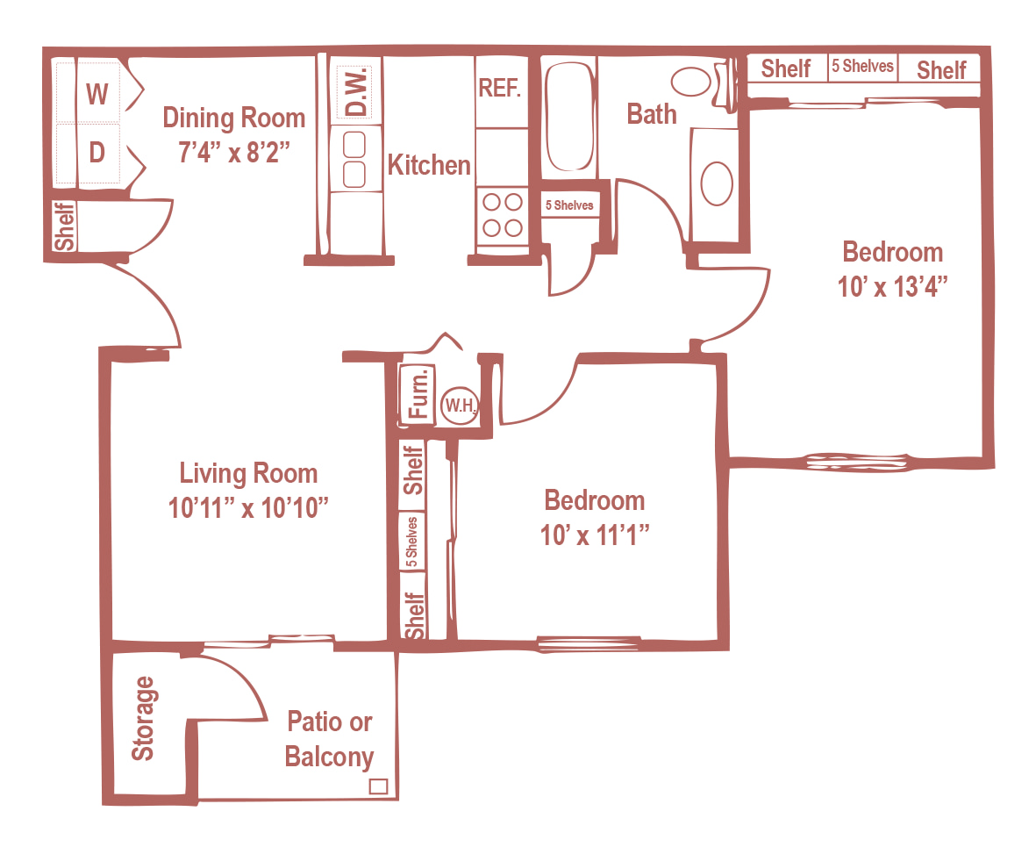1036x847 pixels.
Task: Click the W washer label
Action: [97, 94]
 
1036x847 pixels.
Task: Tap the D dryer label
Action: [97, 152]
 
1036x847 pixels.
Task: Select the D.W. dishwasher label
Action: [356, 93]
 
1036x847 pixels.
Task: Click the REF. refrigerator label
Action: [499, 88]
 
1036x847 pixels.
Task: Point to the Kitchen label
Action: [429, 165]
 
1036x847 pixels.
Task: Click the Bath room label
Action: [652, 114]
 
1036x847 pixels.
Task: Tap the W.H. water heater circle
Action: [460, 405]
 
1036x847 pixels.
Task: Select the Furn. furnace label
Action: [418, 393]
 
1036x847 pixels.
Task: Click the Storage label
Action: [143, 719]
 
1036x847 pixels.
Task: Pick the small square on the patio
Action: [378, 786]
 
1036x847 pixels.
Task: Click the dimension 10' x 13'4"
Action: [893, 287]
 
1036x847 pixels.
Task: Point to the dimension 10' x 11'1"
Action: [595, 535]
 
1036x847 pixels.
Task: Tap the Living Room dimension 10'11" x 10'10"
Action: [248, 508]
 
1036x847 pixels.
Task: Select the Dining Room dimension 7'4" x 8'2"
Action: [234, 152]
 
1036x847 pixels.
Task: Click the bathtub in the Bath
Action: [568, 117]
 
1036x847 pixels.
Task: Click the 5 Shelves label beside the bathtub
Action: [569, 205]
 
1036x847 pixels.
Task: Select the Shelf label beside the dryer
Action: [64, 226]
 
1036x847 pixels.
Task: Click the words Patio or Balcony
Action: [329, 739]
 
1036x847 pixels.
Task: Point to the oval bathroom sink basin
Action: [716, 183]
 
